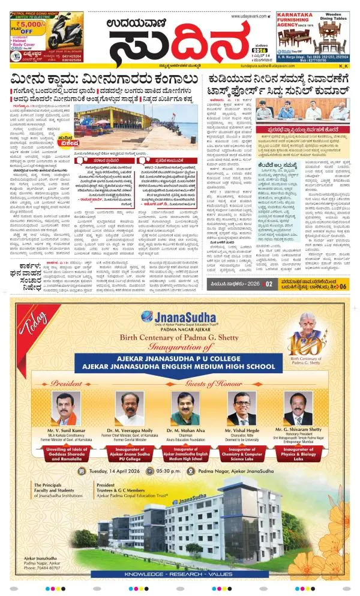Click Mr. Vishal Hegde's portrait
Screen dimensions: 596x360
[241, 409]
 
